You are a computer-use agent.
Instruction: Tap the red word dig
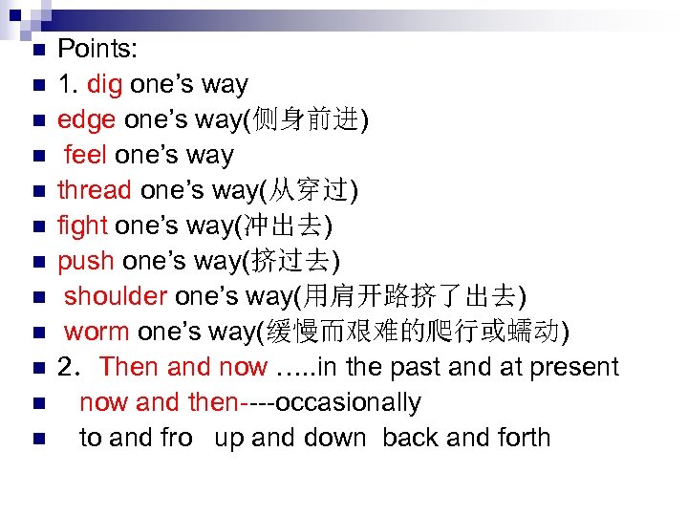pyautogui.click(x=104, y=84)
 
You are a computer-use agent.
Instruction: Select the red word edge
pyautogui.click(x=86, y=119)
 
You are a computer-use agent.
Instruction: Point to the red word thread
pyautogui.click(x=95, y=190)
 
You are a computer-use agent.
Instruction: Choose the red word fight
pyautogui.click(x=82, y=226)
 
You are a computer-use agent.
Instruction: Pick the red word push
pyautogui.click(x=85, y=261)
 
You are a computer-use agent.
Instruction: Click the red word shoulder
pyautogui.click(x=113, y=296)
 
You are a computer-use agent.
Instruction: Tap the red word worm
pyautogui.click(x=97, y=332)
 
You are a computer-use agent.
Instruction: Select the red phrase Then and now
pyautogui.click(x=183, y=367)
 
